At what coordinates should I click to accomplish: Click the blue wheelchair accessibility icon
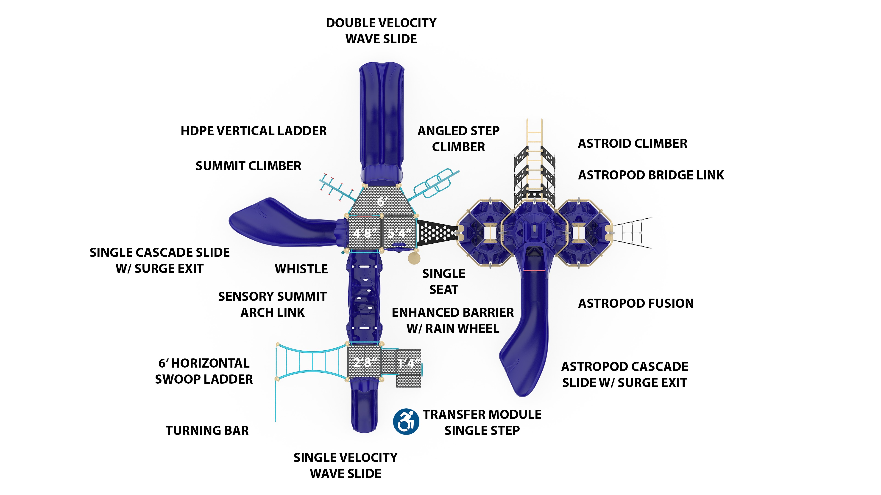(x=406, y=422)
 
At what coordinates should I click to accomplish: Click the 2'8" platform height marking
(x=365, y=362)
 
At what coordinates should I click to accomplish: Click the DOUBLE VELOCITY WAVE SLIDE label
(x=381, y=31)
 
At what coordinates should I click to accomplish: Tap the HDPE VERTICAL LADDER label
(x=254, y=131)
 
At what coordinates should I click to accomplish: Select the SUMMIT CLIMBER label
(x=248, y=166)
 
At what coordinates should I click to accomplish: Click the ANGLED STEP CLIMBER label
(x=458, y=139)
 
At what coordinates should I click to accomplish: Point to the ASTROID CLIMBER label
(x=632, y=143)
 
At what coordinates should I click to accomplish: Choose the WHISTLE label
(x=301, y=269)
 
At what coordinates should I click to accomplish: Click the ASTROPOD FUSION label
(x=636, y=303)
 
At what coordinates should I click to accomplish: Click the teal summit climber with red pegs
(x=337, y=188)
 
